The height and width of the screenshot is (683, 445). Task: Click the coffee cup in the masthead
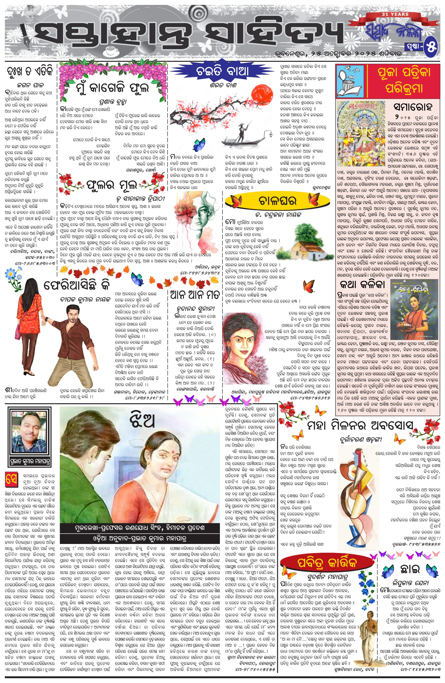click(112, 51)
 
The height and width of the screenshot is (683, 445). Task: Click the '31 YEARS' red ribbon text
click(395, 14)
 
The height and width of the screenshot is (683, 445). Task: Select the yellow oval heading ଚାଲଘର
click(277, 201)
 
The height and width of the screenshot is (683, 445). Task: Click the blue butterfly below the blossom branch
click(199, 144)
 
